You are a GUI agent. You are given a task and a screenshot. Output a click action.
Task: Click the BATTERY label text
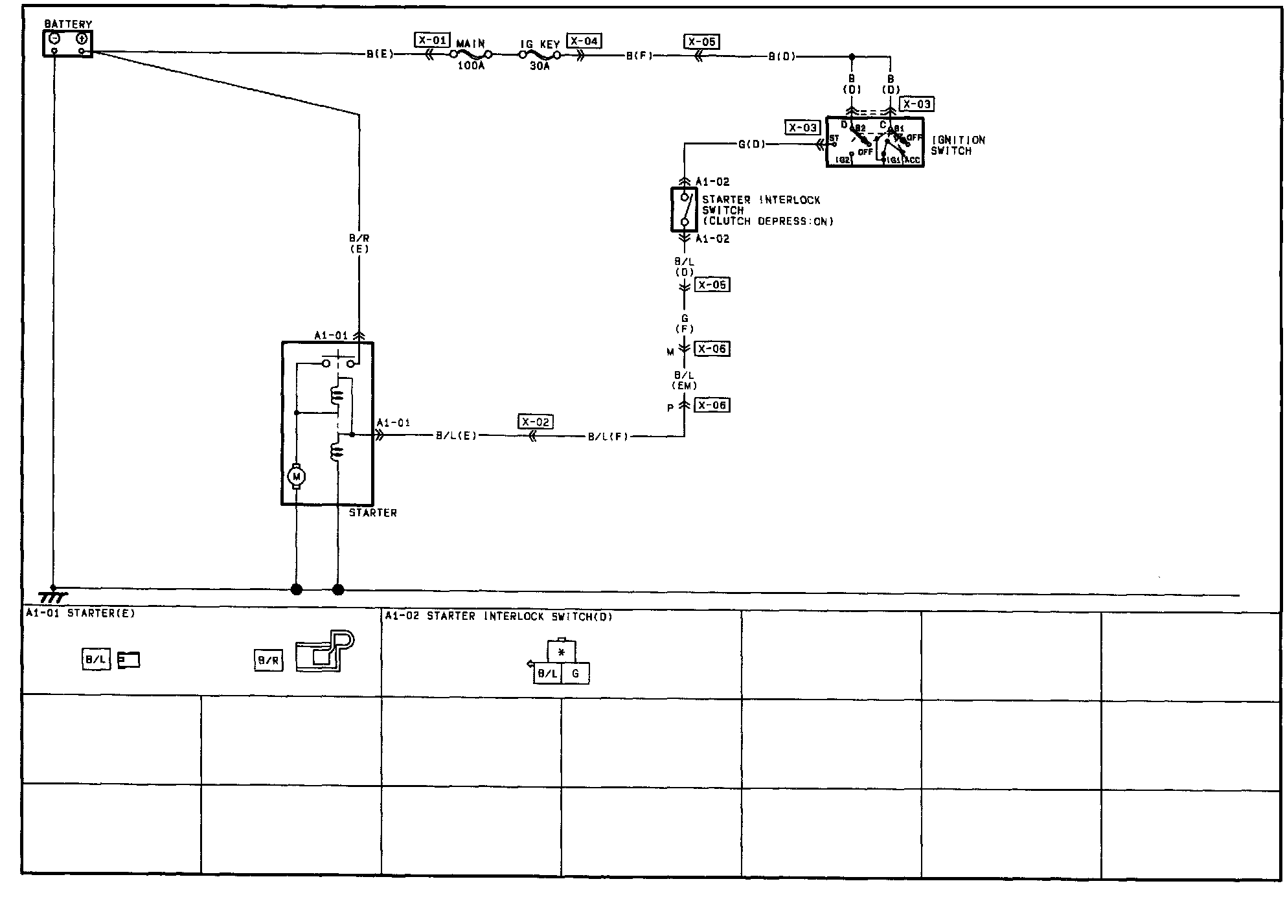click(68, 24)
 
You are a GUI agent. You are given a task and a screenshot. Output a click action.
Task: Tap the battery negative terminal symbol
click(55, 39)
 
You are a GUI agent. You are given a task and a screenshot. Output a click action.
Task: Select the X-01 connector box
click(432, 40)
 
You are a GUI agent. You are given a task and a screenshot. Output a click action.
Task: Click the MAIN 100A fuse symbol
click(471, 56)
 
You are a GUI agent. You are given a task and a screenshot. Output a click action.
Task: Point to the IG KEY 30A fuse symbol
click(540, 56)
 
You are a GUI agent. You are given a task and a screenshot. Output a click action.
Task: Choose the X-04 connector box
click(584, 41)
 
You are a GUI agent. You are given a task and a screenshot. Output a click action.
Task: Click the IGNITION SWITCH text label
click(957, 145)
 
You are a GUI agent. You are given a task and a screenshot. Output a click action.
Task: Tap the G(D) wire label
click(752, 144)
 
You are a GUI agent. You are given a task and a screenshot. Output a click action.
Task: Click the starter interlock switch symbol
click(684, 209)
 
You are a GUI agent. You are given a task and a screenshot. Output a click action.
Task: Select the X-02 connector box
click(536, 422)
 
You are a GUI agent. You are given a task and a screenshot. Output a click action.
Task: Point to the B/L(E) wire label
click(456, 436)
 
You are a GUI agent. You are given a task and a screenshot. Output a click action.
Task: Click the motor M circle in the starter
click(297, 477)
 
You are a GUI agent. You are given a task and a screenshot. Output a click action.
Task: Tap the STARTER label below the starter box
click(372, 512)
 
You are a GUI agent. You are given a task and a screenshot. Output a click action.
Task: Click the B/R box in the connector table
click(268, 661)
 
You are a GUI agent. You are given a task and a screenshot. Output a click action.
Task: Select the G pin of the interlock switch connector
click(575, 674)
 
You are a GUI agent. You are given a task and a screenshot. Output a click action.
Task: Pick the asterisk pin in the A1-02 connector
click(562, 652)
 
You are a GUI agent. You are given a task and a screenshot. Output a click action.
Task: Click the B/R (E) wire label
click(359, 244)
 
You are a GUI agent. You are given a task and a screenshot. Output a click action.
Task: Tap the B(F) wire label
click(639, 56)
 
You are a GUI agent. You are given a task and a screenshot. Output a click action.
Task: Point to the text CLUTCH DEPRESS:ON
click(769, 221)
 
